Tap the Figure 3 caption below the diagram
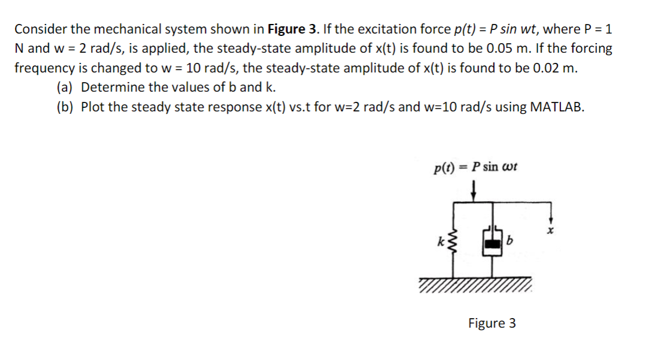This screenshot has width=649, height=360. point(492,323)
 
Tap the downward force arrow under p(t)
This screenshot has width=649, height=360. point(473,191)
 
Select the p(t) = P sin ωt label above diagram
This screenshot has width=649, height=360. point(475,167)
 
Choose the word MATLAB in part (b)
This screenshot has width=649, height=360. point(551,107)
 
